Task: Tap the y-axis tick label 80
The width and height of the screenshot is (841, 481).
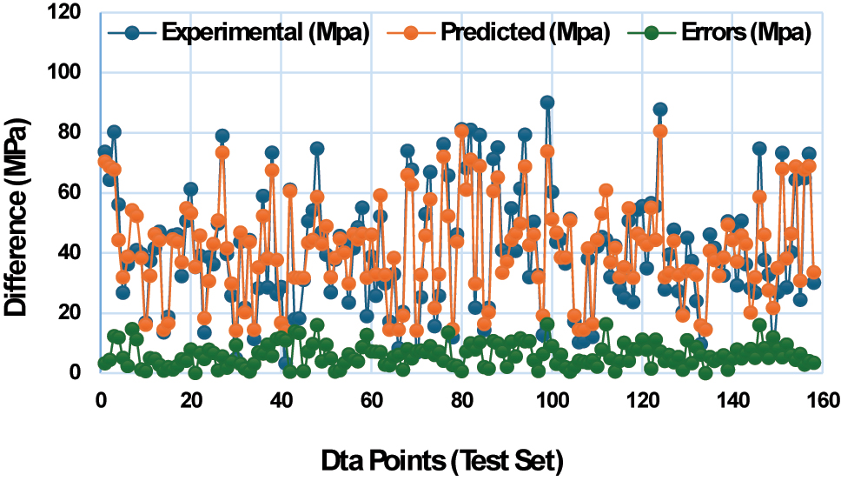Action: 72,133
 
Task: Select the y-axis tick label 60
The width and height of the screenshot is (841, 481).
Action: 72,193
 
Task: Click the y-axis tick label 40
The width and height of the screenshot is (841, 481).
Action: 72,253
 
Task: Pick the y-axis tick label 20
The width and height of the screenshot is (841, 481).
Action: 72,313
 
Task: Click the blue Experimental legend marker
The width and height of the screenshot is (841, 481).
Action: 132,33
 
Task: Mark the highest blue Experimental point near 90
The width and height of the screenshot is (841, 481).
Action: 546,102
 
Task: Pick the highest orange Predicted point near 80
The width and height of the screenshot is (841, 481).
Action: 660,130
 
